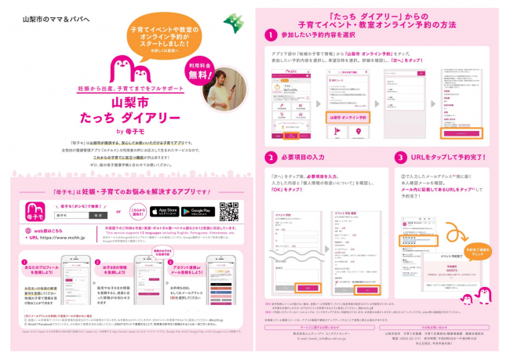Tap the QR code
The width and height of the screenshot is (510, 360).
coord(228,212)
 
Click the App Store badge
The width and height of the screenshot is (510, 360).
coord(164,212)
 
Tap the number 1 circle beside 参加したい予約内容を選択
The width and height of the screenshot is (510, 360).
coord(269,35)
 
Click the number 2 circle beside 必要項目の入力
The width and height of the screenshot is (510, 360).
coord(269,156)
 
